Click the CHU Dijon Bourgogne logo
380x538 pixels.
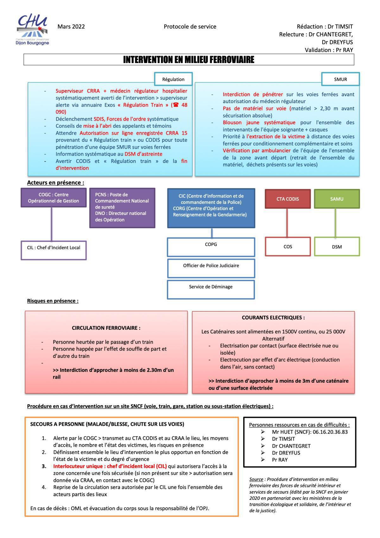pyautogui.click(x=33, y=30)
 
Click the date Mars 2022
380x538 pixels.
pyautogui.click(x=71, y=27)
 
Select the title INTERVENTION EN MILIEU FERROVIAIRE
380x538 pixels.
pyautogui.click(x=189, y=60)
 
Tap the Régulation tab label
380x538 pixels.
pyautogui.click(x=173, y=79)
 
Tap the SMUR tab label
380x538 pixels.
pyautogui.click(x=340, y=79)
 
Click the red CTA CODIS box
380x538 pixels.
pyautogui.click(x=288, y=199)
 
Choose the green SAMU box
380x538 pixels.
pyautogui.click(x=337, y=199)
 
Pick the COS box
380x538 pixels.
pyautogui.click(x=288, y=247)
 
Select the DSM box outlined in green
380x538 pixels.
pyautogui.click(x=337, y=247)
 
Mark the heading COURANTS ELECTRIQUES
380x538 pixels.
pyautogui.click(x=273, y=318)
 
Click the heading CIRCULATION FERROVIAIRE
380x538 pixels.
pyautogui.click(x=106, y=328)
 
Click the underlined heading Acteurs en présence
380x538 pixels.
pyautogui.click(x=55, y=183)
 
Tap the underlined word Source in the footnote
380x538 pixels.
pyautogui.click(x=256, y=479)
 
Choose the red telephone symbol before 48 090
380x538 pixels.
pyautogui.click(x=176, y=105)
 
